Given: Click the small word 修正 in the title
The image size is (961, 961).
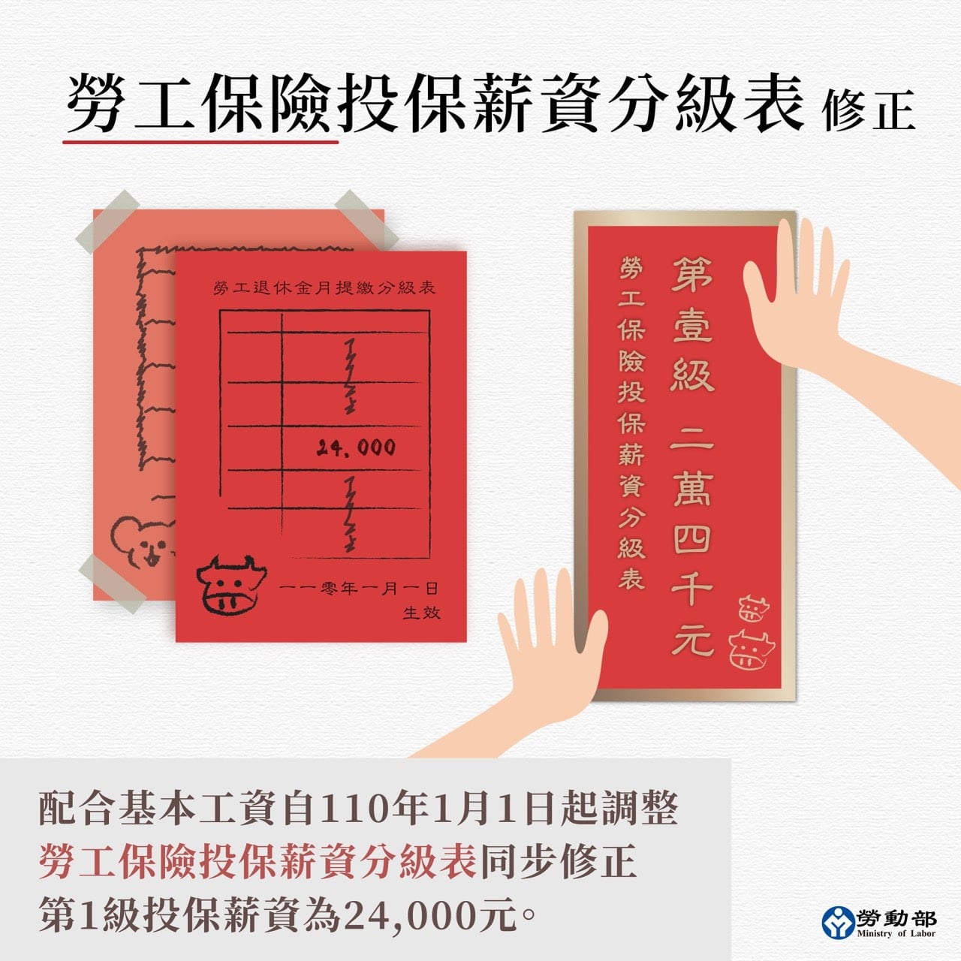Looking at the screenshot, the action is pyautogui.click(x=869, y=110).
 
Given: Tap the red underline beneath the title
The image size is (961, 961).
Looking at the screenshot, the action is pyautogui.click(x=200, y=142).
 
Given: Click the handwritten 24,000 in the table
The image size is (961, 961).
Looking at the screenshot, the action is pyautogui.click(x=356, y=447).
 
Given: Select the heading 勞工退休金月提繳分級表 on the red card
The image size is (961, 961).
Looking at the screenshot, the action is pyautogui.click(x=324, y=288).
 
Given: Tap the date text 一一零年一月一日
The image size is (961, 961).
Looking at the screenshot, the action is pyautogui.click(x=358, y=589).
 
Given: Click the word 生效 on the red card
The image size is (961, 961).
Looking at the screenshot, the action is pyautogui.click(x=421, y=613).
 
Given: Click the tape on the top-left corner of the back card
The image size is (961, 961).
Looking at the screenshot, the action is pyautogui.click(x=107, y=221).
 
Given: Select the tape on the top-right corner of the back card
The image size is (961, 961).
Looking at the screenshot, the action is pyautogui.click(x=366, y=219).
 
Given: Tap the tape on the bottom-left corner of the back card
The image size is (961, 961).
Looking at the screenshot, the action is pyautogui.click(x=112, y=583).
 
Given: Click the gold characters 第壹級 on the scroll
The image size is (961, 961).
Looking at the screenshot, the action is pyautogui.click(x=692, y=324).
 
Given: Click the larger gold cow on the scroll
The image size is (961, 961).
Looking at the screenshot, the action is pyautogui.click(x=752, y=649).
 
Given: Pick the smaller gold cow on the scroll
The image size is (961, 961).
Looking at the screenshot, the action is pyautogui.click(x=754, y=608).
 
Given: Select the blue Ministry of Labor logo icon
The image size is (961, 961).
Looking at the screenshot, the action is pyautogui.click(x=838, y=922).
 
